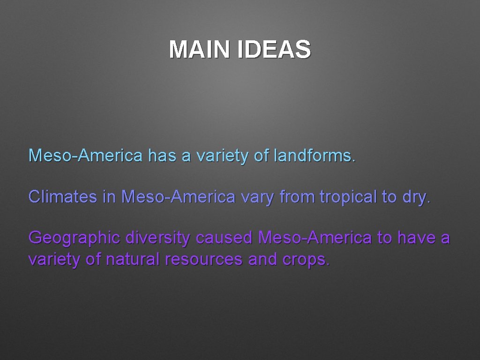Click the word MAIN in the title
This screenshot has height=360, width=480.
click(x=200, y=50)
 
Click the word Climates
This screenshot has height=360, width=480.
click(x=61, y=197)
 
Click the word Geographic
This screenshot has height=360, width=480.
click(x=74, y=238)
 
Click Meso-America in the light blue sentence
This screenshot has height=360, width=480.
click(x=85, y=155)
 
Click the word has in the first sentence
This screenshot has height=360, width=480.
click(x=161, y=155)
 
